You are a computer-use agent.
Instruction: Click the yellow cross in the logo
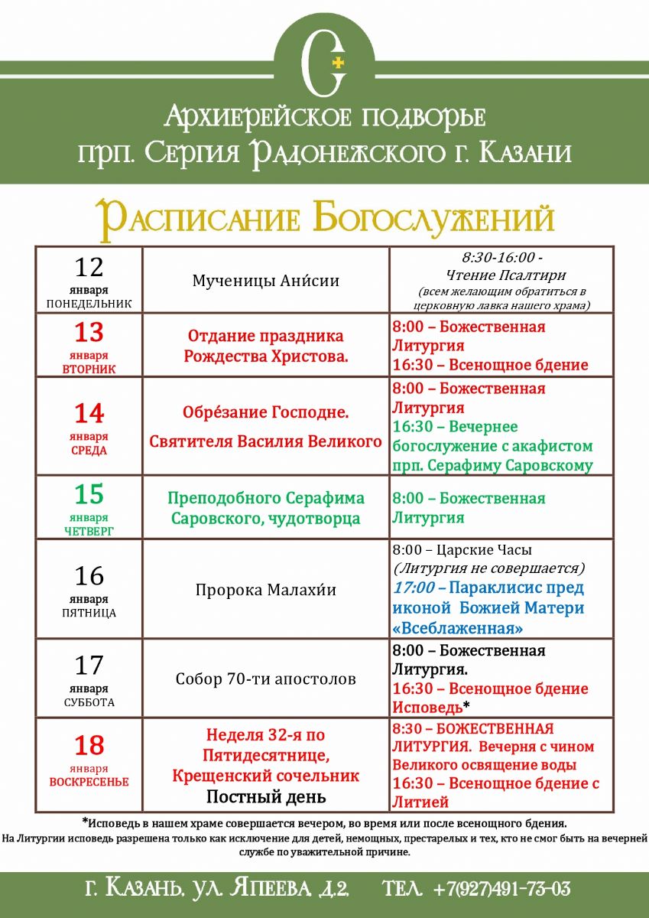pos(339,61)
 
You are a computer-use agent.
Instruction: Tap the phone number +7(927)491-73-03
pos(501,889)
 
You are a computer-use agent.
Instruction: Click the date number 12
pos(89,267)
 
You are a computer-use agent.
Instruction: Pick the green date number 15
pos(89,494)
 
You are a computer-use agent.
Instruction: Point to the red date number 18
pos(89,744)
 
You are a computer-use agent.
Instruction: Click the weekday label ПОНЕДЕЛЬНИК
pos(89,304)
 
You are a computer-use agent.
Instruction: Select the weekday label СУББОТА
pos(89,702)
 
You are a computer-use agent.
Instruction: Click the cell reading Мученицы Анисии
pos(265,281)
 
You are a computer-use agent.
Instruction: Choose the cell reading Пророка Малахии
pos(265,590)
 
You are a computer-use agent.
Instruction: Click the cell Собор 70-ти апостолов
pos(265,679)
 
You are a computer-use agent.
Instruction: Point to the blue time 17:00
pos(414,588)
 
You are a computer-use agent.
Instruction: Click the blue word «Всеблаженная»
pos(457,628)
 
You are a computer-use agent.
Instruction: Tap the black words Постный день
pos(265,797)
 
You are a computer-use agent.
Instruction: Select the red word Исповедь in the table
pos(427,708)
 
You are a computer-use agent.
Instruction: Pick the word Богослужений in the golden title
pos(433,219)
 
